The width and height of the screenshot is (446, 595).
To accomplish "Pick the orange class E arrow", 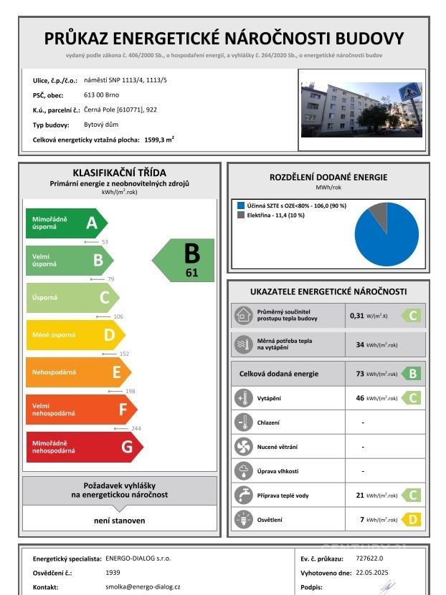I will pos(78,372).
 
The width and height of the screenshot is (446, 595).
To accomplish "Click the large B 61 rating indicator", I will pos(186,260).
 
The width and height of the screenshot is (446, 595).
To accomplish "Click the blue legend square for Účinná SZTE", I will pos(240,205).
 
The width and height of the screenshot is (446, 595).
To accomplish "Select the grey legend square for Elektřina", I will pos(240,214).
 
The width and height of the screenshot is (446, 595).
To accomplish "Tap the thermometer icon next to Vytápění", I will pos(244,398).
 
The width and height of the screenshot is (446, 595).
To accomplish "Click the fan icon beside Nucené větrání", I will pos(244,447).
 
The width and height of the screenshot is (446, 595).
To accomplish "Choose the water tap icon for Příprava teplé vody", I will pos(244,495).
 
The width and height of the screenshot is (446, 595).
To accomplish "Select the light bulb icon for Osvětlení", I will pos(244,519).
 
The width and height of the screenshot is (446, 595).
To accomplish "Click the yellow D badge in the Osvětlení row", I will pos(412,519).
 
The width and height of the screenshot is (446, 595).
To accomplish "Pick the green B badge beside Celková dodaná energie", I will pos(412,373).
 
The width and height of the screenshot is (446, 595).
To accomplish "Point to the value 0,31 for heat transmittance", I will pos(356,315).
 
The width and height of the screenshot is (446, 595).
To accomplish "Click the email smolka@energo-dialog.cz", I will pos(143,586).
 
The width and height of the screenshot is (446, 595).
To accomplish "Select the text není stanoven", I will pos(120,521).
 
